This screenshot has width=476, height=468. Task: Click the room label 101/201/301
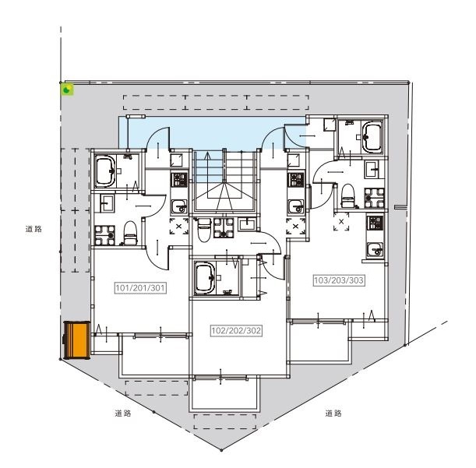point(141,287)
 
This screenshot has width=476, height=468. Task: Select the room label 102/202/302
point(236,330)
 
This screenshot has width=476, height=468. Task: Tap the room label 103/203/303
point(339,280)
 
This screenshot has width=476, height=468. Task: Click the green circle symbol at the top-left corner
point(68,90)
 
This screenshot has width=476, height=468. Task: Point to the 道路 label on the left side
point(33,229)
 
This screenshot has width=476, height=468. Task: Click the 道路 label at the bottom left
point(122,413)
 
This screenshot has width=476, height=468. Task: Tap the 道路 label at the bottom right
point(333,413)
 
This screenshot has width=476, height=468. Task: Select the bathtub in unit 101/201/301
point(106,170)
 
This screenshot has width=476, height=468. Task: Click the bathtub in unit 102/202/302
point(206,277)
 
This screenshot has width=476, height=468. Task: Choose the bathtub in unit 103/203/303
point(370,137)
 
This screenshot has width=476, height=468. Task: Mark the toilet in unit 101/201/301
point(131,230)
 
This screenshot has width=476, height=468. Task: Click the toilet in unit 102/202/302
point(204,227)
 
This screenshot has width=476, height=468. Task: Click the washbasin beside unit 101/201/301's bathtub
point(104,204)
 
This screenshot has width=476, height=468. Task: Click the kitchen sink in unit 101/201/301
point(179,206)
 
